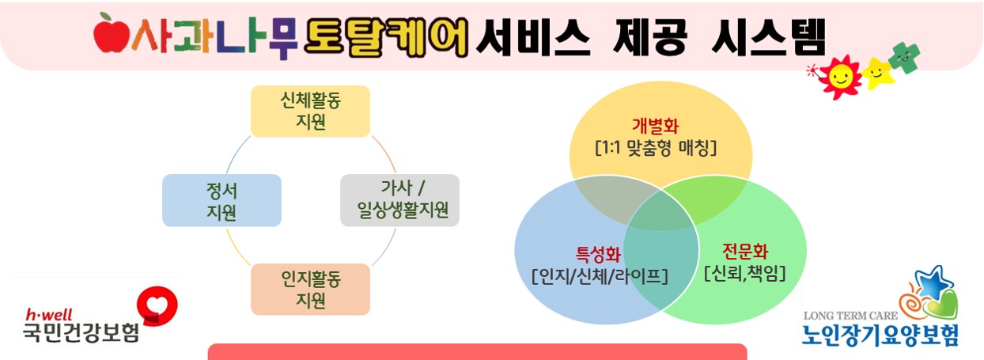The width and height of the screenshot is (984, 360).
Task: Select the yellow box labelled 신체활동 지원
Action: [310, 111]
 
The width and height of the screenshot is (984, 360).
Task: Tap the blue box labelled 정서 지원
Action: [221, 200]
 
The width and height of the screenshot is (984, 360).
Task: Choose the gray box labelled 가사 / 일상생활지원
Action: [399, 200]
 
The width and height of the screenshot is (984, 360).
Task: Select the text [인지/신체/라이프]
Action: [600, 276]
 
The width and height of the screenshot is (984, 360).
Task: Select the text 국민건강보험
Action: [81, 331]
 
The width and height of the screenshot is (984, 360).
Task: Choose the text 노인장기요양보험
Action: [880, 334]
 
